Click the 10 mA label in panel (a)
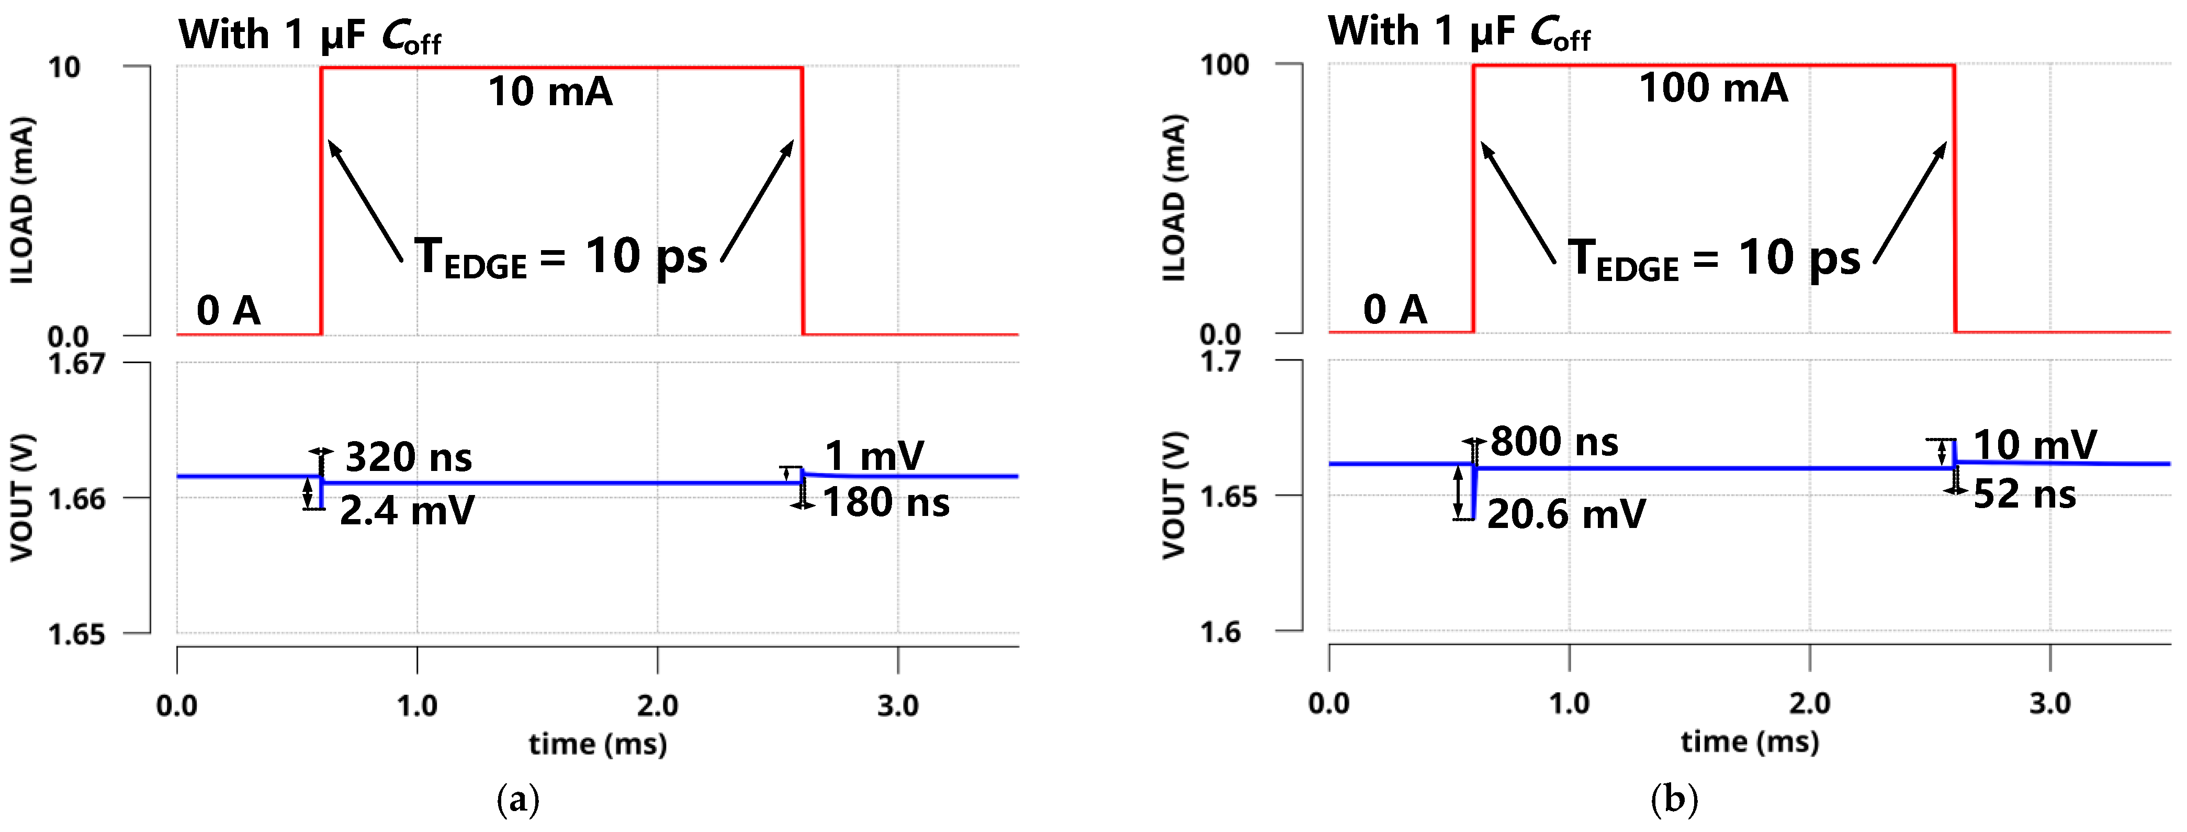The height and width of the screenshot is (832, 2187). point(550,92)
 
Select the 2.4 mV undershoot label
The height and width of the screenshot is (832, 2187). point(407,511)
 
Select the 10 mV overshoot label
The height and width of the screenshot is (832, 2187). point(2034,445)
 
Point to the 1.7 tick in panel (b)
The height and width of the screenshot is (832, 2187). point(1221,362)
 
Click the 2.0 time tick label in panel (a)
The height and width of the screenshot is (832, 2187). point(657,705)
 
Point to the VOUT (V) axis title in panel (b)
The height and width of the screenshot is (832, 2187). point(1174,496)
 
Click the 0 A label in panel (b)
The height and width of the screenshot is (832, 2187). point(1395,310)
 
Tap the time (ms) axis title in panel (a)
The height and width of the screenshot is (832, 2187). point(598,745)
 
